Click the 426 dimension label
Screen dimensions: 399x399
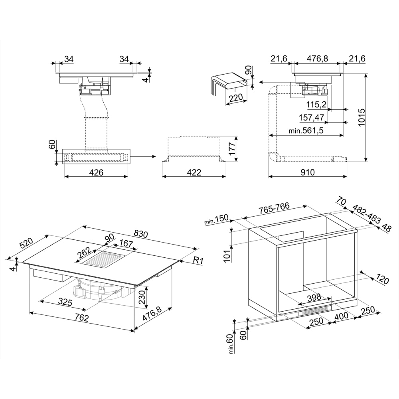click(x=96, y=172)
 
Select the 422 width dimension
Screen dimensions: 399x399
click(x=194, y=172)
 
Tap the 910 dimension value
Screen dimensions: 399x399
click(x=307, y=172)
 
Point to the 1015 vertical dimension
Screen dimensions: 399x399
click(x=361, y=117)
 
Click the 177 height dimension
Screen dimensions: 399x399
click(x=232, y=149)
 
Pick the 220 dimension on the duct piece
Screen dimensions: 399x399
click(x=236, y=98)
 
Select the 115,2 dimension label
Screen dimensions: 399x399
click(x=316, y=104)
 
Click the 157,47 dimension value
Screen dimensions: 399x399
click(x=312, y=117)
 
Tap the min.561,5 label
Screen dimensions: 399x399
click(x=306, y=131)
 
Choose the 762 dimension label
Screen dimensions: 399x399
click(x=81, y=317)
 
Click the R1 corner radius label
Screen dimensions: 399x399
click(x=198, y=260)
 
